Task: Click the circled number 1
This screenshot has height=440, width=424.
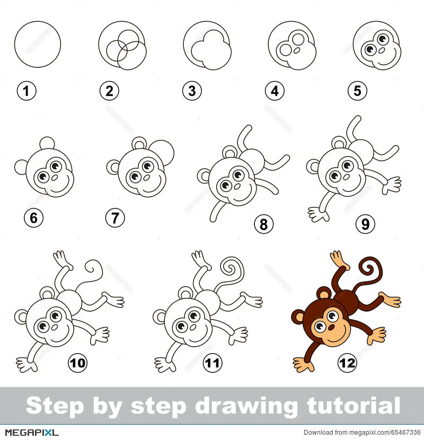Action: (x=26, y=91)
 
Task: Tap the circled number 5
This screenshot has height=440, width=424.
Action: (x=357, y=91)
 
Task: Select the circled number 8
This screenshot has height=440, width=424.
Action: (x=263, y=224)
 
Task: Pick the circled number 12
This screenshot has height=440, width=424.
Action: (x=347, y=363)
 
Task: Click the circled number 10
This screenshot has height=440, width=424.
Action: (x=78, y=363)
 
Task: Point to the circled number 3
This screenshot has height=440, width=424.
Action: (x=192, y=91)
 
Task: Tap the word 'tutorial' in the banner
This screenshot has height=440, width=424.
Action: (x=354, y=406)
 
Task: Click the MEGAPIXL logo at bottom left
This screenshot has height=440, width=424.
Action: (x=32, y=432)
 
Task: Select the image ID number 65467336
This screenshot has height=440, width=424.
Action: (x=404, y=433)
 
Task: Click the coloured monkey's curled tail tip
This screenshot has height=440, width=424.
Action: (x=367, y=269)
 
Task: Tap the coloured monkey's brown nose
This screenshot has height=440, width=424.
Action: (x=331, y=328)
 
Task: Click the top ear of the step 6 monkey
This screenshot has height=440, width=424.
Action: (x=47, y=143)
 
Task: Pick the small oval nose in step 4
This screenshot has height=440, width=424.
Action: (x=297, y=50)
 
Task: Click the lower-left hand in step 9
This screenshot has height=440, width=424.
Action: (x=318, y=214)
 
